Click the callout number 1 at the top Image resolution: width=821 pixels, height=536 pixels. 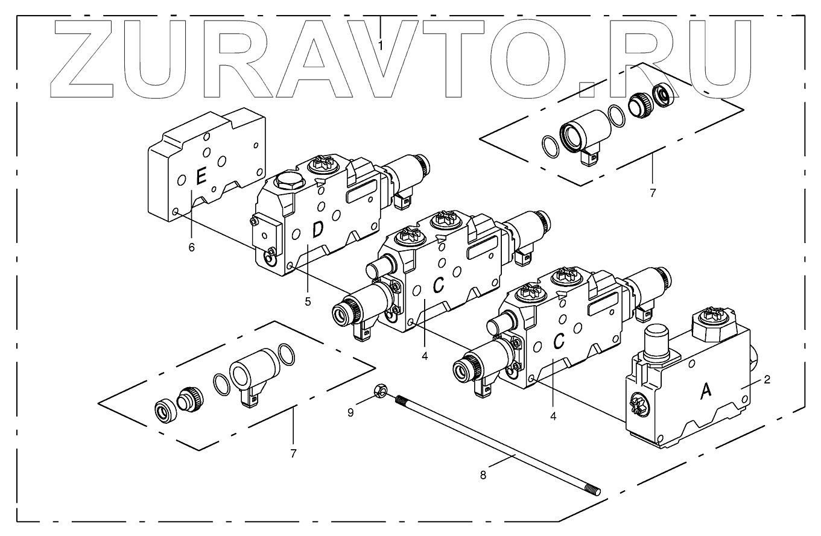click(381, 45)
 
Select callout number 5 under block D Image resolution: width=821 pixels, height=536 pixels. click(308, 301)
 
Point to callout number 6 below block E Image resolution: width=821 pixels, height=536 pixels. click(191, 247)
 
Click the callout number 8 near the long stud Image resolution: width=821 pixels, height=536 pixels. click(483, 475)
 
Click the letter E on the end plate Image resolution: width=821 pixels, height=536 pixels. click(201, 176)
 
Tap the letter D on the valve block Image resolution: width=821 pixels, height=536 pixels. click(317, 229)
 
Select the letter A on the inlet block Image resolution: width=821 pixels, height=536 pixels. click(705, 391)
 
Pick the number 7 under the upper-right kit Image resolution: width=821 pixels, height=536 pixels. click(653, 193)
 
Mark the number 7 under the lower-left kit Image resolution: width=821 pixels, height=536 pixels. click(293, 453)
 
